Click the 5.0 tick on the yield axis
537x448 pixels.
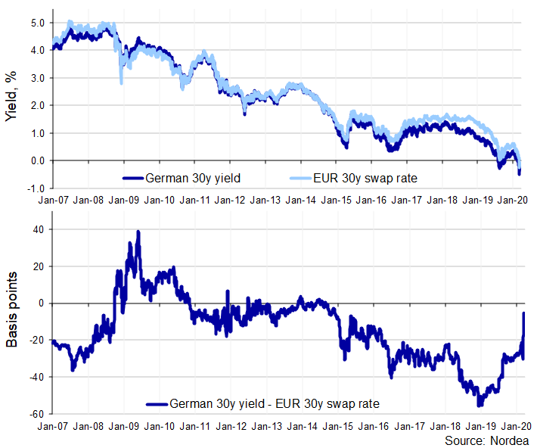point(37,23)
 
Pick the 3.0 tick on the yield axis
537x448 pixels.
point(37,78)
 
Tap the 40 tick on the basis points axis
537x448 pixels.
point(39,229)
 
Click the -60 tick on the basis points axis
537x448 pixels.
point(36,414)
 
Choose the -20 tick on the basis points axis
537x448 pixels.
point(36,340)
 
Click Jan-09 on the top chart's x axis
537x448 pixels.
point(124,201)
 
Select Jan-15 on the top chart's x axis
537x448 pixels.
point(337,201)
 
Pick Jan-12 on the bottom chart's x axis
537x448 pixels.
point(231,427)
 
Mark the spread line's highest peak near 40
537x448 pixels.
point(138,232)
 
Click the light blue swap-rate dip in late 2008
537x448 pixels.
point(122,82)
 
